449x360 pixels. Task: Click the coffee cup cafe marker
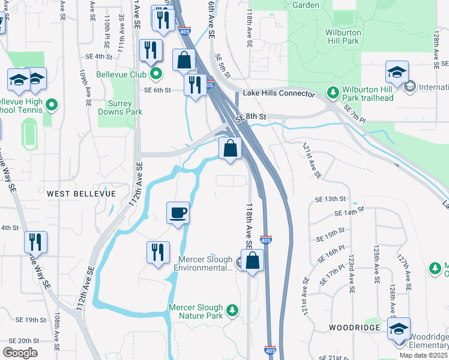178,213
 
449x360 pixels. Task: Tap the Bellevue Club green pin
156,74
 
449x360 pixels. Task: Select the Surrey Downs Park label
120,107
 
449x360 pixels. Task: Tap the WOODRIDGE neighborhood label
355,328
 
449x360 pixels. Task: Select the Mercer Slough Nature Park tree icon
232,311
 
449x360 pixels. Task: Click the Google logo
20,353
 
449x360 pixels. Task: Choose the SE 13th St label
331,198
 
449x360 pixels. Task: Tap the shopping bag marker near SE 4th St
184,60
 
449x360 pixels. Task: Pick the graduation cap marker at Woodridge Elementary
399,329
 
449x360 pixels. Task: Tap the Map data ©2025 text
423,355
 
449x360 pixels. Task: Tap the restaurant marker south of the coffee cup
158,252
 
